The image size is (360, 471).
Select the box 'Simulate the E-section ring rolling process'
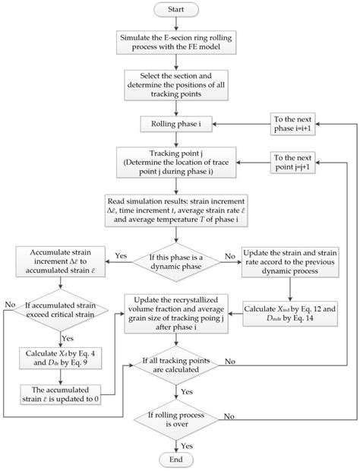pyautogui.click(x=180, y=43)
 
